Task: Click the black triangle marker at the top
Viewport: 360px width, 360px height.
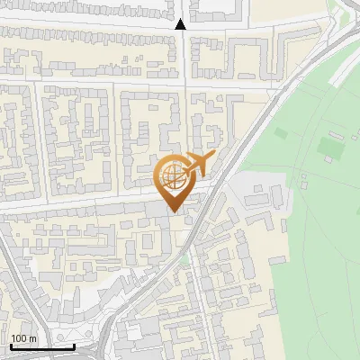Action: (x=181, y=24)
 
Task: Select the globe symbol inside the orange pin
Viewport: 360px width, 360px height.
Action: (x=171, y=177)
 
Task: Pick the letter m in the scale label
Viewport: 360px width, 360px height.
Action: (x=34, y=337)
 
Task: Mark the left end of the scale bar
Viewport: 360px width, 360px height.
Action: (x=10, y=346)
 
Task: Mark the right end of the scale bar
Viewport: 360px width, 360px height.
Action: (x=75, y=346)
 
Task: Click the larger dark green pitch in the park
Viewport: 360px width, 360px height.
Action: (x=329, y=144)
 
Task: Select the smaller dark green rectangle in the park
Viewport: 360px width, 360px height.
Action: (x=281, y=134)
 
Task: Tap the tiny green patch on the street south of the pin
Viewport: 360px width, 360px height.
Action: (x=185, y=259)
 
